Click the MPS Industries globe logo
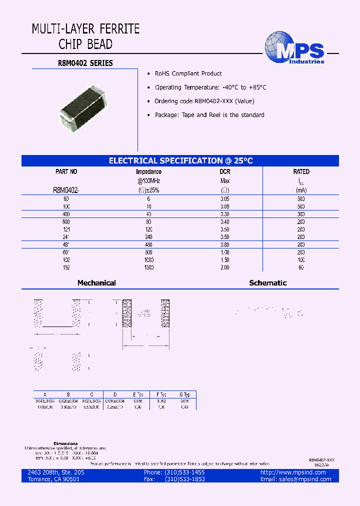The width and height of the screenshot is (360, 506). tap(294, 49)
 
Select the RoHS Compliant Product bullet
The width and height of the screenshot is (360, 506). tap(188, 73)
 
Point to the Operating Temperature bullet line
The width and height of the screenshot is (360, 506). tap(210, 87)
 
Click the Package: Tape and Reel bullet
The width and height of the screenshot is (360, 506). tap(209, 115)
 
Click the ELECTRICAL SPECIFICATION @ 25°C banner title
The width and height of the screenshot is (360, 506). tap(180, 160)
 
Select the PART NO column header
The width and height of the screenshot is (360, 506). tap(66, 171)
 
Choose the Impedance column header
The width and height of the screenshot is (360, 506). tap(148, 171)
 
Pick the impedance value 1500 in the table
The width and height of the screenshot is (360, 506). tap(148, 267)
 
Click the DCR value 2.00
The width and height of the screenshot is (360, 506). tap(225, 267)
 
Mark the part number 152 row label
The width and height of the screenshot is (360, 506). tap(66, 267)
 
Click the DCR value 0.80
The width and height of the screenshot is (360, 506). tap(225, 244)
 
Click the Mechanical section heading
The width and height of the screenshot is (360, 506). tap(96, 283)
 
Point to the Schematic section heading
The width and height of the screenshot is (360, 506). tap(267, 283)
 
